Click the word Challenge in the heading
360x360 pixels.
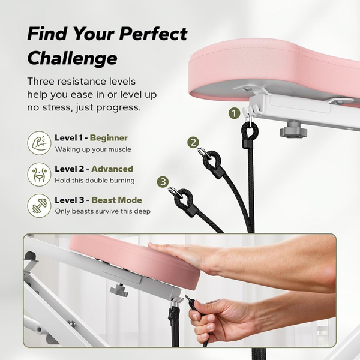[72, 58]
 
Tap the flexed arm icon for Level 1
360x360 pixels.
[39, 143]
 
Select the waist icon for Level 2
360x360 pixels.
[39, 174]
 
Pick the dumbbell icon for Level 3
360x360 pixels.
[39, 205]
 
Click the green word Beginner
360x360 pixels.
[109, 138]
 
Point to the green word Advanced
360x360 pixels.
[112, 169]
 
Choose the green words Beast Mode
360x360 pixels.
[116, 200]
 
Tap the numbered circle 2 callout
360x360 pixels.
[193, 142]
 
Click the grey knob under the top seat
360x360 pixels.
[293, 130]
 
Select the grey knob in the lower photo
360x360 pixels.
[118, 290]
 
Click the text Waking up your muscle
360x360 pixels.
[92, 149]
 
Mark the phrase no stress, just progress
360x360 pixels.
[83, 107]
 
